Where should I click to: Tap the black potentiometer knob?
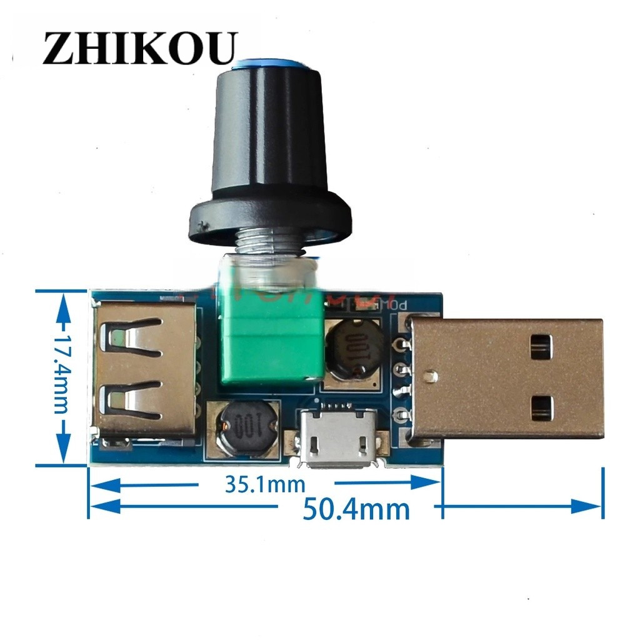pos(268,137)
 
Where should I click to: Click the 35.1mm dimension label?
pos(265,484)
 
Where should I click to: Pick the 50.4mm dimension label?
pos(356,509)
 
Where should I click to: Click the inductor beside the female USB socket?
pos(240,427)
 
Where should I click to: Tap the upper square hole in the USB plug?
pos(541,347)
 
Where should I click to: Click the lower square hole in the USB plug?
pos(541,407)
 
